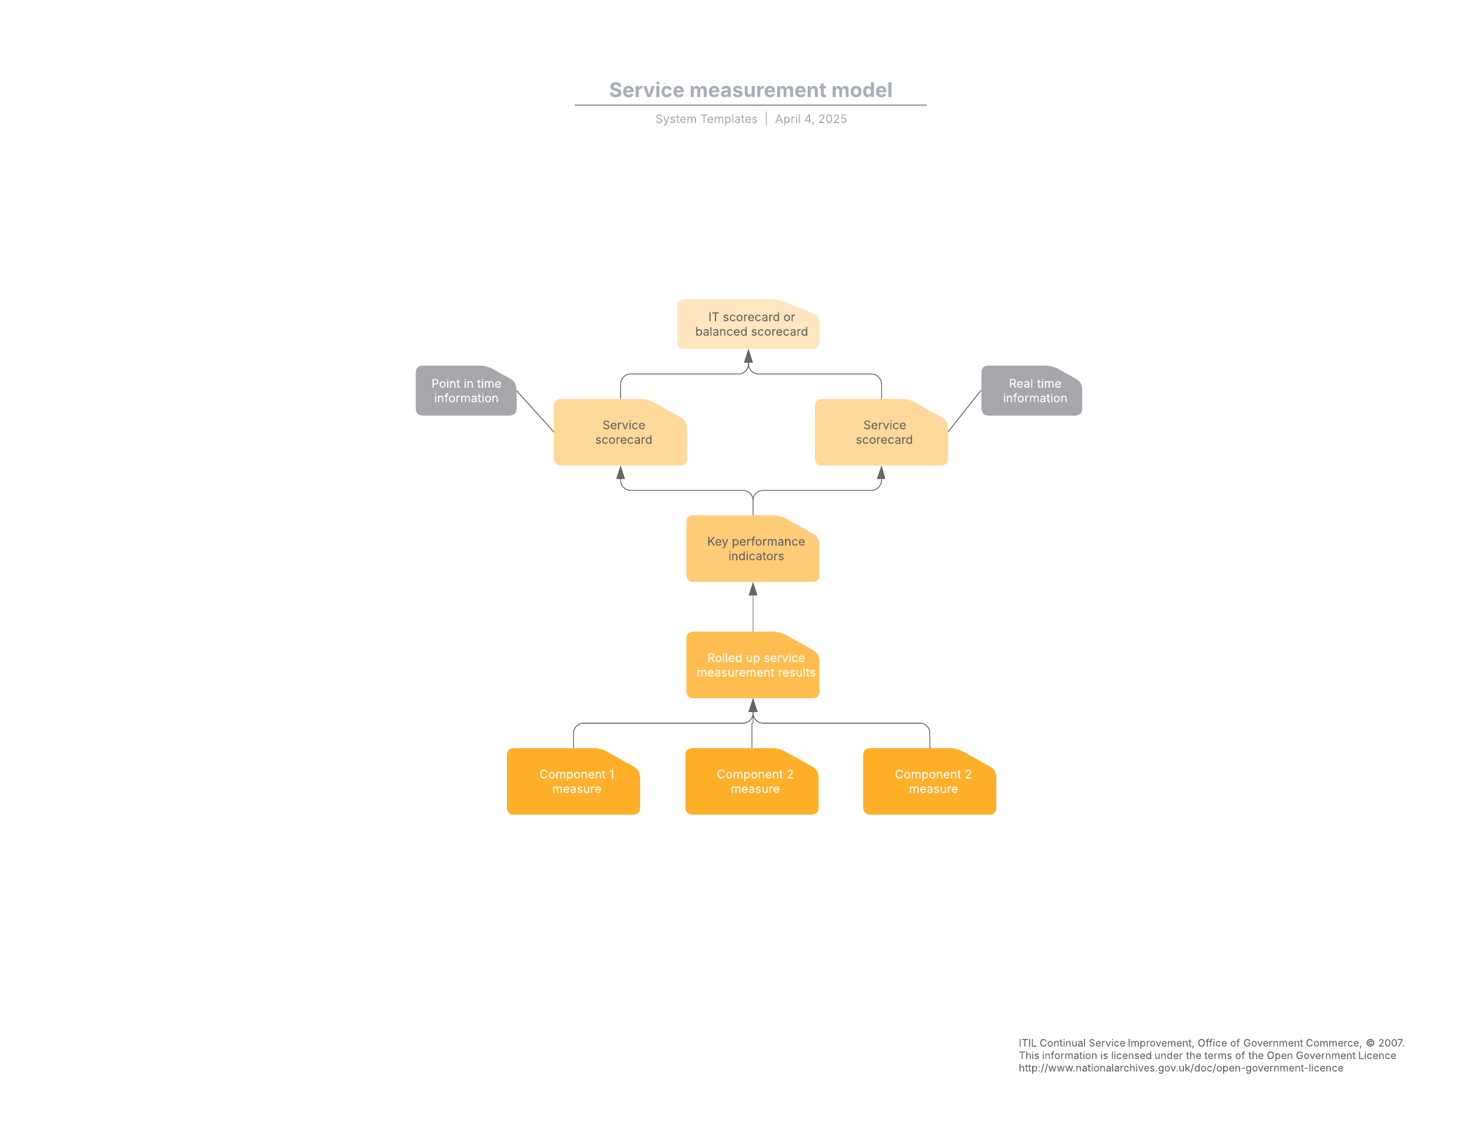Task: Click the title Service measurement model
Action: [x=750, y=90]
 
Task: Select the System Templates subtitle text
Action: [x=706, y=119]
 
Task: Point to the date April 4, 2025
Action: [x=811, y=119]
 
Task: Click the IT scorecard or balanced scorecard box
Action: [x=748, y=324]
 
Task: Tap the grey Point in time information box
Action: [x=466, y=391]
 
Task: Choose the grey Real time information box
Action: [x=1032, y=391]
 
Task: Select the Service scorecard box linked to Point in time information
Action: [x=620, y=432]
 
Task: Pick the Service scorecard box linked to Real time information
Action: [x=881, y=432]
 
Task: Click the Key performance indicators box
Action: [x=753, y=549]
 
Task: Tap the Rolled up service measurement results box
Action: [x=753, y=665]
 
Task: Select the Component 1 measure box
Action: [x=573, y=781]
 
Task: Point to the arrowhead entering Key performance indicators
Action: [x=753, y=589]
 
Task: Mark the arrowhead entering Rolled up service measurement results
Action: [x=753, y=705]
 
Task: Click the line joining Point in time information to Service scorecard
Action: [x=535, y=412]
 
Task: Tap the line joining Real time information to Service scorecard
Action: [x=964, y=412]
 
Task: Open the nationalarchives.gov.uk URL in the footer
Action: [x=1180, y=1068]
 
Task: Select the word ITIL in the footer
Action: [x=1028, y=1043]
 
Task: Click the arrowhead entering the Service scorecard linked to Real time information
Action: [x=881, y=473]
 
